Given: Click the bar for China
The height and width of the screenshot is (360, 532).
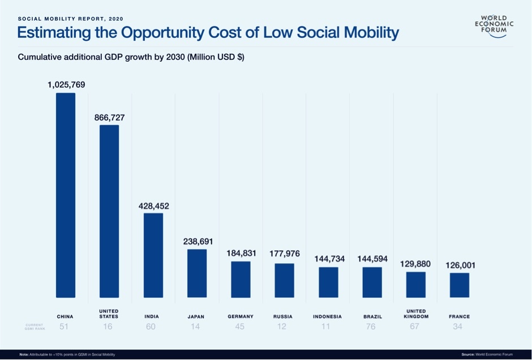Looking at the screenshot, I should pyautogui.click(x=65, y=195).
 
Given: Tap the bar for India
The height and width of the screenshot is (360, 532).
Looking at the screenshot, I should pyautogui.click(x=153, y=255).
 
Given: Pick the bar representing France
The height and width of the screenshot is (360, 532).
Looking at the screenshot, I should pyautogui.click(x=460, y=285).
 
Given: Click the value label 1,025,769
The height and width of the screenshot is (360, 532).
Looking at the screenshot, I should pyautogui.click(x=66, y=85).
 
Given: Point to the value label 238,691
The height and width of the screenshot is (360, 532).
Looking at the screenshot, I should pyautogui.click(x=198, y=242).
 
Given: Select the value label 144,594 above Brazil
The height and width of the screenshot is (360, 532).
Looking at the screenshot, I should pyautogui.click(x=372, y=259).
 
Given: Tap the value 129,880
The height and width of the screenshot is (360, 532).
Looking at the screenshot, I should pyautogui.click(x=415, y=264).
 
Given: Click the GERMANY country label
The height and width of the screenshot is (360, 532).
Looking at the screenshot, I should pyautogui.click(x=241, y=316).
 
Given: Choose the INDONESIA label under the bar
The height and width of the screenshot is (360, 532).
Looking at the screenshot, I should pyautogui.click(x=328, y=317).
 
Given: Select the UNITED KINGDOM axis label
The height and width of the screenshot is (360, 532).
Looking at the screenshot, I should pyautogui.click(x=416, y=314).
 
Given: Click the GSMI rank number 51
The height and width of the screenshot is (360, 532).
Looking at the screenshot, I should pyautogui.click(x=64, y=327).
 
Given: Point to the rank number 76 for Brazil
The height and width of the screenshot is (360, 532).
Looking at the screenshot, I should pyautogui.click(x=371, y=327).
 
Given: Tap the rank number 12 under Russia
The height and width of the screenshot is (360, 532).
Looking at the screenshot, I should pyautogui.click(x=282, y=327).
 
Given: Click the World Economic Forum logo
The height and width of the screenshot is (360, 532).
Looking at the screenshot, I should pyautogui.click(x=494, y=26).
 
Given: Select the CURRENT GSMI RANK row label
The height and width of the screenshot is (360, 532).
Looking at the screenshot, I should pyautogui.click(x=35, y=327).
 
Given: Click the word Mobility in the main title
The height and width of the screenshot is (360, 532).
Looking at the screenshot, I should pyautogui.click(x=371, y=33).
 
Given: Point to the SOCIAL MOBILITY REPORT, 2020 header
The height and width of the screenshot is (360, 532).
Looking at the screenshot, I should pyautogui.click(x=71, y=19).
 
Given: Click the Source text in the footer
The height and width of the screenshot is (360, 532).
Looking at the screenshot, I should pyautogui.click(x=487, y=354).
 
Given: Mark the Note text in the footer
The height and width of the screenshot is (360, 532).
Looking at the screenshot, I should pyautogui.click(x=67, y=354).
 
